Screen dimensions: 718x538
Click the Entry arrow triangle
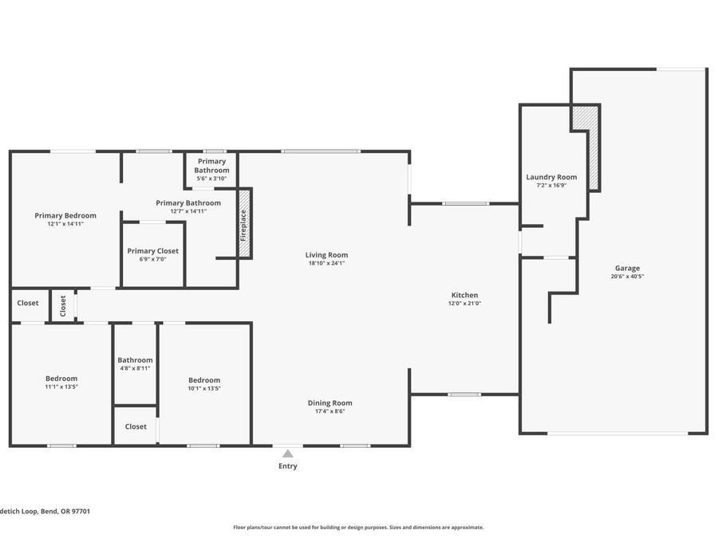[287, 454]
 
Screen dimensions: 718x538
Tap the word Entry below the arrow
[287, 465]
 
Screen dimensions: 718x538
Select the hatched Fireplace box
[244, 223]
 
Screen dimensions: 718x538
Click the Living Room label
[326, 255]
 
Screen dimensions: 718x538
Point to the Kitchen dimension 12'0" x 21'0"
[464, 303]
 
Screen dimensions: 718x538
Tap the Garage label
[627, 268]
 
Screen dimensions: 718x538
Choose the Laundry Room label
[551, 177]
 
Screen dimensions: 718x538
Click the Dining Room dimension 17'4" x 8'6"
[329, 410]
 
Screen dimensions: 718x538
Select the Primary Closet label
[153, 251]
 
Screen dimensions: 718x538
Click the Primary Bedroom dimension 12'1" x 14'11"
[65, 224]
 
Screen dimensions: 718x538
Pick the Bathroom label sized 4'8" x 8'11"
[135, 360]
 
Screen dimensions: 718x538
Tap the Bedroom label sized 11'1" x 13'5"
[61, 379]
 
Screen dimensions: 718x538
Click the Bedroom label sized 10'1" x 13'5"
[204, 380]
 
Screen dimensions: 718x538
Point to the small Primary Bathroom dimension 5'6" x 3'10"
[211, 179]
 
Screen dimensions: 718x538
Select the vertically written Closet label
[63, 305]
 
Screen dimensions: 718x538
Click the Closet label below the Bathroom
[136, 426]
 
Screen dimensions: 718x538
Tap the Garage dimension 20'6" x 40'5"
[627, 277]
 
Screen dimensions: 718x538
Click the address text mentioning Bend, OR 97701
[45, 512]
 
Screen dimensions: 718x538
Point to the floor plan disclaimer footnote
[358, 528]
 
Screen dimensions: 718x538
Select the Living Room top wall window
[321, 151]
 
